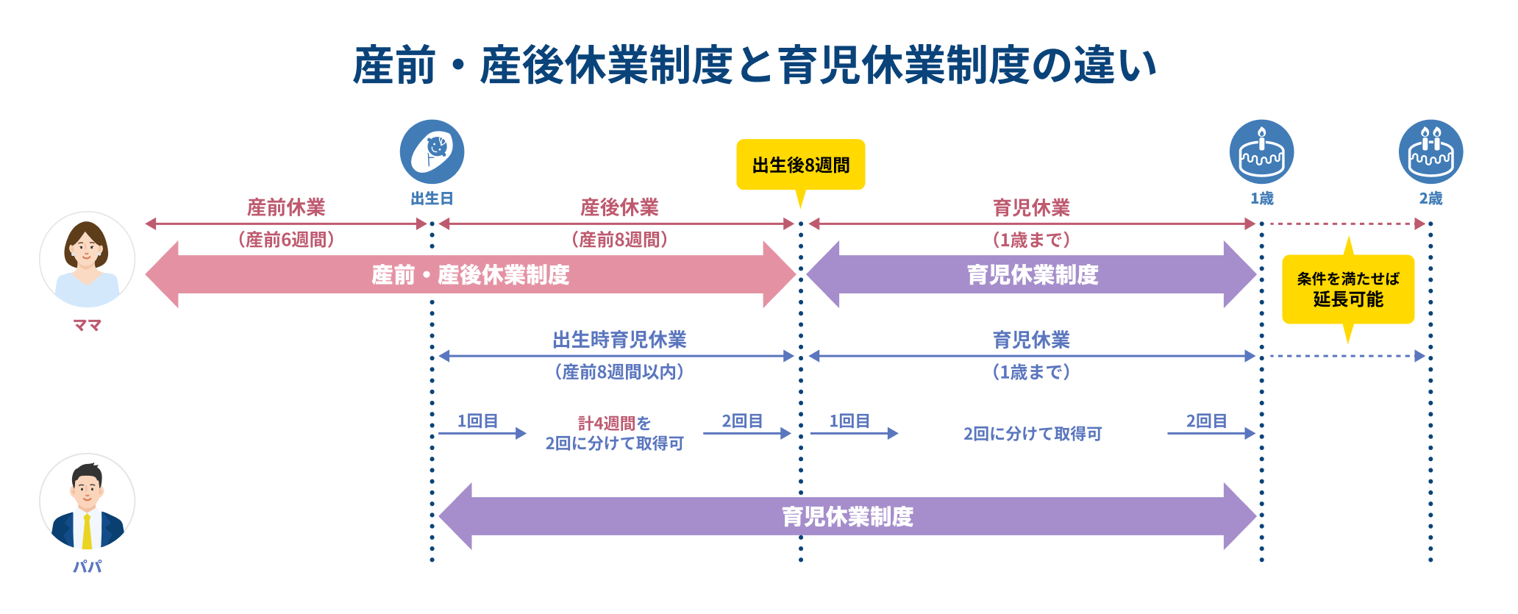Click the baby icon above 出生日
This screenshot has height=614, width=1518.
click(x=432, y=152)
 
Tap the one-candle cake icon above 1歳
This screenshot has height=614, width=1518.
click(x=1261, y=152)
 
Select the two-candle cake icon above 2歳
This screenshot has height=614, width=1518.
click(x=1430, y=152)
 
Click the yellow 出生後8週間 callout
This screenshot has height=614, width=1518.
click(x=800, y=165)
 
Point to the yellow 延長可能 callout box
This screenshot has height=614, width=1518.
click(x=1347, y=290)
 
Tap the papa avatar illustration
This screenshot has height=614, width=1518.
click(x=87, y=501)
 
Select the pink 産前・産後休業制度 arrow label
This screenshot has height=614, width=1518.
click(x=470, y=275)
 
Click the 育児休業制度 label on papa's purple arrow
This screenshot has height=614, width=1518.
click(x=847, y=516)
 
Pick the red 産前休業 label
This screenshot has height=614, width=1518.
click(x=285, y=207)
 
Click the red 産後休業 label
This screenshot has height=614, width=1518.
click(x=619, y=207)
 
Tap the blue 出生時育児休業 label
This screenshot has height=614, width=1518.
click(x=619, y=340)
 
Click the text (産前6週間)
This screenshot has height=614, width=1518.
click(x=285, y=240)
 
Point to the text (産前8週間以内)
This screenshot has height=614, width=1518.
click(x=619, y=372)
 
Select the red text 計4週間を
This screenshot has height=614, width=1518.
click(x=614, y=423)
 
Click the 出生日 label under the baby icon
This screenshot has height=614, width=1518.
click(x=432, y=199)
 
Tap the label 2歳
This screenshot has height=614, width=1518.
click(x=1430, y=199)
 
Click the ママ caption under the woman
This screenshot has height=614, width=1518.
click(x=87, y=325)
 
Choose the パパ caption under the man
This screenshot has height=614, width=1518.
click(x=87, y=566)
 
